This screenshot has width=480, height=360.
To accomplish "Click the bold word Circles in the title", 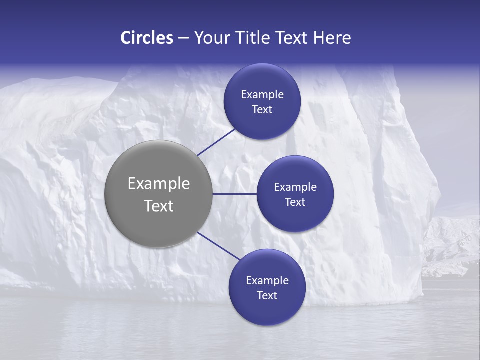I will pyautogui.click(x=146, y=38).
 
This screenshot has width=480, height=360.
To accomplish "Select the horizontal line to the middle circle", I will pyautogui.click(x=234, y=194).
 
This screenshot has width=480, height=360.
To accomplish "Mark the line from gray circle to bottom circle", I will pyautogui.click(x=219, y=246).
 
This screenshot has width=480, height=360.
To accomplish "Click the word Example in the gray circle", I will pyautogui.click(x=159, y=184).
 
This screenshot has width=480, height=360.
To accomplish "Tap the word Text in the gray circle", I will pyautogui.click(x=159, y=206).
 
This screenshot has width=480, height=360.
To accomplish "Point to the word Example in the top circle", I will pyautogui.click(x=262, y=94).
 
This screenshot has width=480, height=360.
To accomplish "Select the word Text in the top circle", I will pyautogui.click(x=262, y=109).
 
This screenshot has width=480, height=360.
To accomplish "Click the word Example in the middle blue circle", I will pyautogui.click(x=295, y=187).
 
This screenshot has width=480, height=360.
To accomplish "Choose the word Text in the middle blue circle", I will pyautogui.click(x=295, y=202).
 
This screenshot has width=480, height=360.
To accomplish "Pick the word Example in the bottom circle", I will pyautogui.click(x=267, y=280).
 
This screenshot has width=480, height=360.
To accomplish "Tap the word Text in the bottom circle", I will pyautogui.click(x=267, y=295).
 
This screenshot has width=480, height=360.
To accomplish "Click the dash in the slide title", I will pyautogui.click(x=183, y=38).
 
